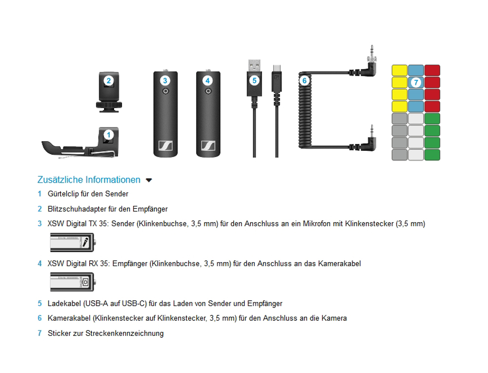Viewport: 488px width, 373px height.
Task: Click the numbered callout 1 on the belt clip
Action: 109,135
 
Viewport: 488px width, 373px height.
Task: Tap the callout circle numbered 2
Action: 109,81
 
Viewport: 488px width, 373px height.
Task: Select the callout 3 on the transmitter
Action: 165,81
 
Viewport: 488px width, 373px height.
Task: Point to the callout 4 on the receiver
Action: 207,81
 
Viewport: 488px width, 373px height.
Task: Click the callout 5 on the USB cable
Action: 254,81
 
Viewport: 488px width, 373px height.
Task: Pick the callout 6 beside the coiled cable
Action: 305,81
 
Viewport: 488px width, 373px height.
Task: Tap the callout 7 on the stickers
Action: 416,83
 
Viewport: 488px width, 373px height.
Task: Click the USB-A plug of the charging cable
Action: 254,65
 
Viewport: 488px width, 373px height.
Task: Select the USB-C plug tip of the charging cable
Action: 277,68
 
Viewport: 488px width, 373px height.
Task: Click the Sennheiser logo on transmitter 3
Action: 165,145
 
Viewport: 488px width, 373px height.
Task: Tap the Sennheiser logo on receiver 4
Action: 208,145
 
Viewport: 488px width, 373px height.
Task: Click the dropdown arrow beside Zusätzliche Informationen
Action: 149,180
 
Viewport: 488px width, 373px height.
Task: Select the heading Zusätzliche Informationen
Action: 89,180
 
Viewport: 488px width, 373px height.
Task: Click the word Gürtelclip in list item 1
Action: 63,194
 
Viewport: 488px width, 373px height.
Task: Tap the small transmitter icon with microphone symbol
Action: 73,242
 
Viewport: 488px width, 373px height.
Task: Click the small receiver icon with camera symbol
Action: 73,282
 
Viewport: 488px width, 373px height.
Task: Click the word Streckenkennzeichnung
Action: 124,333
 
